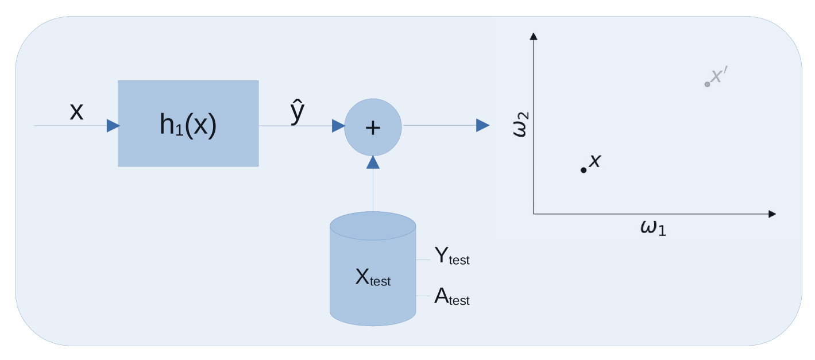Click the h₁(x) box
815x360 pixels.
(188, 123)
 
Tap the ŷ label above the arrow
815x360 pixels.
(297, 113)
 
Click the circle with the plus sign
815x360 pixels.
(373, 127)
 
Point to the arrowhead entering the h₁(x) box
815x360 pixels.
(113, 126)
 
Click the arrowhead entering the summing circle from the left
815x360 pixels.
(338, 126)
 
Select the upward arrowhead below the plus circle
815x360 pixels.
(373, 162)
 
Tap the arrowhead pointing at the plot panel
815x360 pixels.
(483, 126)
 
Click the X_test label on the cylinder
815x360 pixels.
(372, 278)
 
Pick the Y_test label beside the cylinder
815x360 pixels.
(451, 257)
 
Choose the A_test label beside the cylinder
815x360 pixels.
(451, 297)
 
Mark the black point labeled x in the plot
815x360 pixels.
(584, 170)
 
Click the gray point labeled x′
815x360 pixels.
(707, 84)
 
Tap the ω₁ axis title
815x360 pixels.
(653, 227)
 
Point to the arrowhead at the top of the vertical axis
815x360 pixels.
(534, 36)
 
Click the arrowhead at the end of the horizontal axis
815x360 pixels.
(772, 214)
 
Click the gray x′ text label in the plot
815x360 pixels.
(719, 76)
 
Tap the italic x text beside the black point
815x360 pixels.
(595, 161)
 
